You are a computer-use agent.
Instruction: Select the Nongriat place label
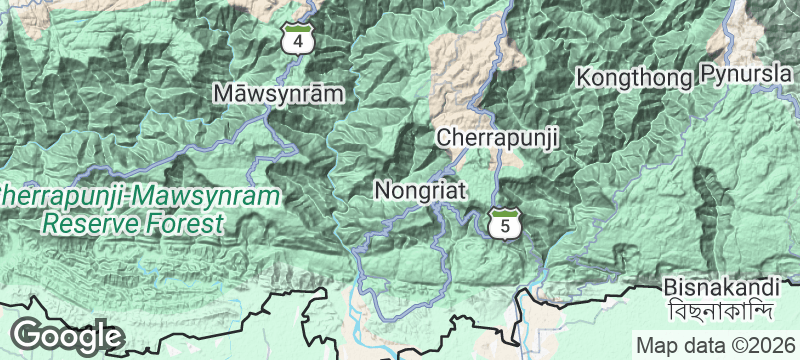click(x=420, y=188)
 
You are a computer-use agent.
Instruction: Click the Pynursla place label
click(x=744, y=75)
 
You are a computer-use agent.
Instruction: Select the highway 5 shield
click(x=506, y=225)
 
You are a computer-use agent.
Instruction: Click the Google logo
click(x=68, y=336)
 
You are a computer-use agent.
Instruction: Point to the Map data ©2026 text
click(x=714, y=345)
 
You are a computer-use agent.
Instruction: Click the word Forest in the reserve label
click(x=186, y=222)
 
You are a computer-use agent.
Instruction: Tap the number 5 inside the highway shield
click(x=506, y=227)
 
